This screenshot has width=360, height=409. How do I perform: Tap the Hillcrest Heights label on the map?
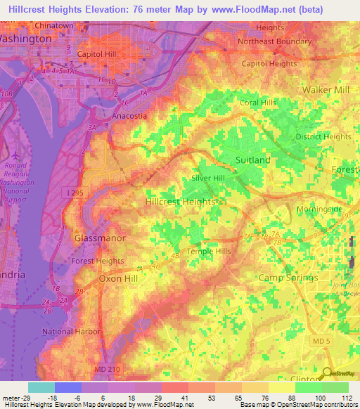click(179, 201)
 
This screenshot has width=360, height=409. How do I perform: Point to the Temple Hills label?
click(209, 251)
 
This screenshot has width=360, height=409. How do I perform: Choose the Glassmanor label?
click(100, 238)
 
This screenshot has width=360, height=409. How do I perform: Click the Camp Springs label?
click(288, 278)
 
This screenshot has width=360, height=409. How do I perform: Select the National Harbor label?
click(72, 331)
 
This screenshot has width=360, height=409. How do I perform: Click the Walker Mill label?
click(326, 90)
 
